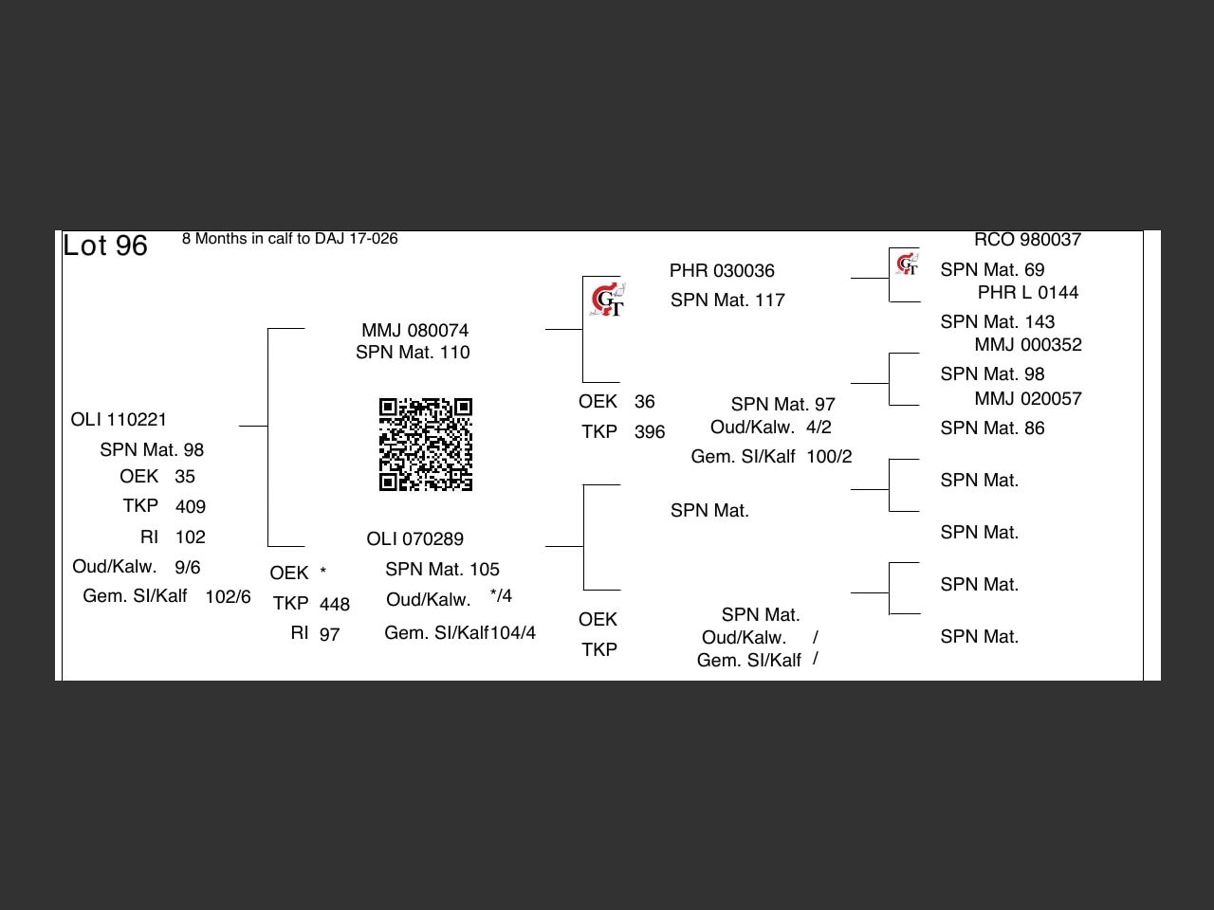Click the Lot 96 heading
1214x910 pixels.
click(x=105, y=246)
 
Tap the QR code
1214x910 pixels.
click(x=426, y=445)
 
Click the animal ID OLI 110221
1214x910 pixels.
click(x=119, y=419)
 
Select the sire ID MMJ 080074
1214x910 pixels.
click(x=414, y=330)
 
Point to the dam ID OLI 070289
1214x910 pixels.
click(x=414, y=538)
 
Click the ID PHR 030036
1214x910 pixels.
click(x=722, y=270)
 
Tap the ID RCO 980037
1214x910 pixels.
click(x=1027, y=240)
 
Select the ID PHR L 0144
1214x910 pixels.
click(x=1027, y=292)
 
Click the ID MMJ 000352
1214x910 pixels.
click(x=1027, y=344)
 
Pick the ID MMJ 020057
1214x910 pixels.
click(x=1027, y=398)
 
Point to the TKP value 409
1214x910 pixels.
click(x=191, y=506)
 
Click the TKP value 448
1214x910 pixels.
click(x=335, y=604)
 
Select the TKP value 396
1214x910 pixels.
click(x=650, y=432)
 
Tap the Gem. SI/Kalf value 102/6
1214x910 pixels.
click(x=228, y=596)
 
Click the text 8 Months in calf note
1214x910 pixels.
click(x=289, y=238)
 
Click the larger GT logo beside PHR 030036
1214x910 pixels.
click(x=607, y=300)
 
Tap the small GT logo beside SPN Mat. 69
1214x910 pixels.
click(x=907, y=264)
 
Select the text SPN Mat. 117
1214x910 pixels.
click(x=727, y=300)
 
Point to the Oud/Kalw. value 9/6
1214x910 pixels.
click(x=188, y=567)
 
